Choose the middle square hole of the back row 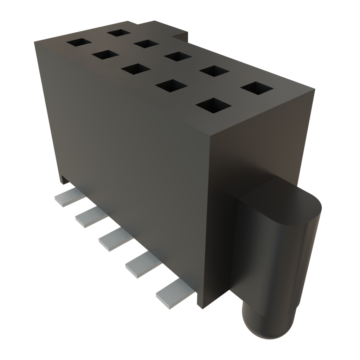point(178,56)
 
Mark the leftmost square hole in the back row point(120,33)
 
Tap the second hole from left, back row point(147,44)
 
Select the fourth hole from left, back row point(214,71)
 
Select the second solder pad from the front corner point(142,266)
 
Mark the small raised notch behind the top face point(181,36)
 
